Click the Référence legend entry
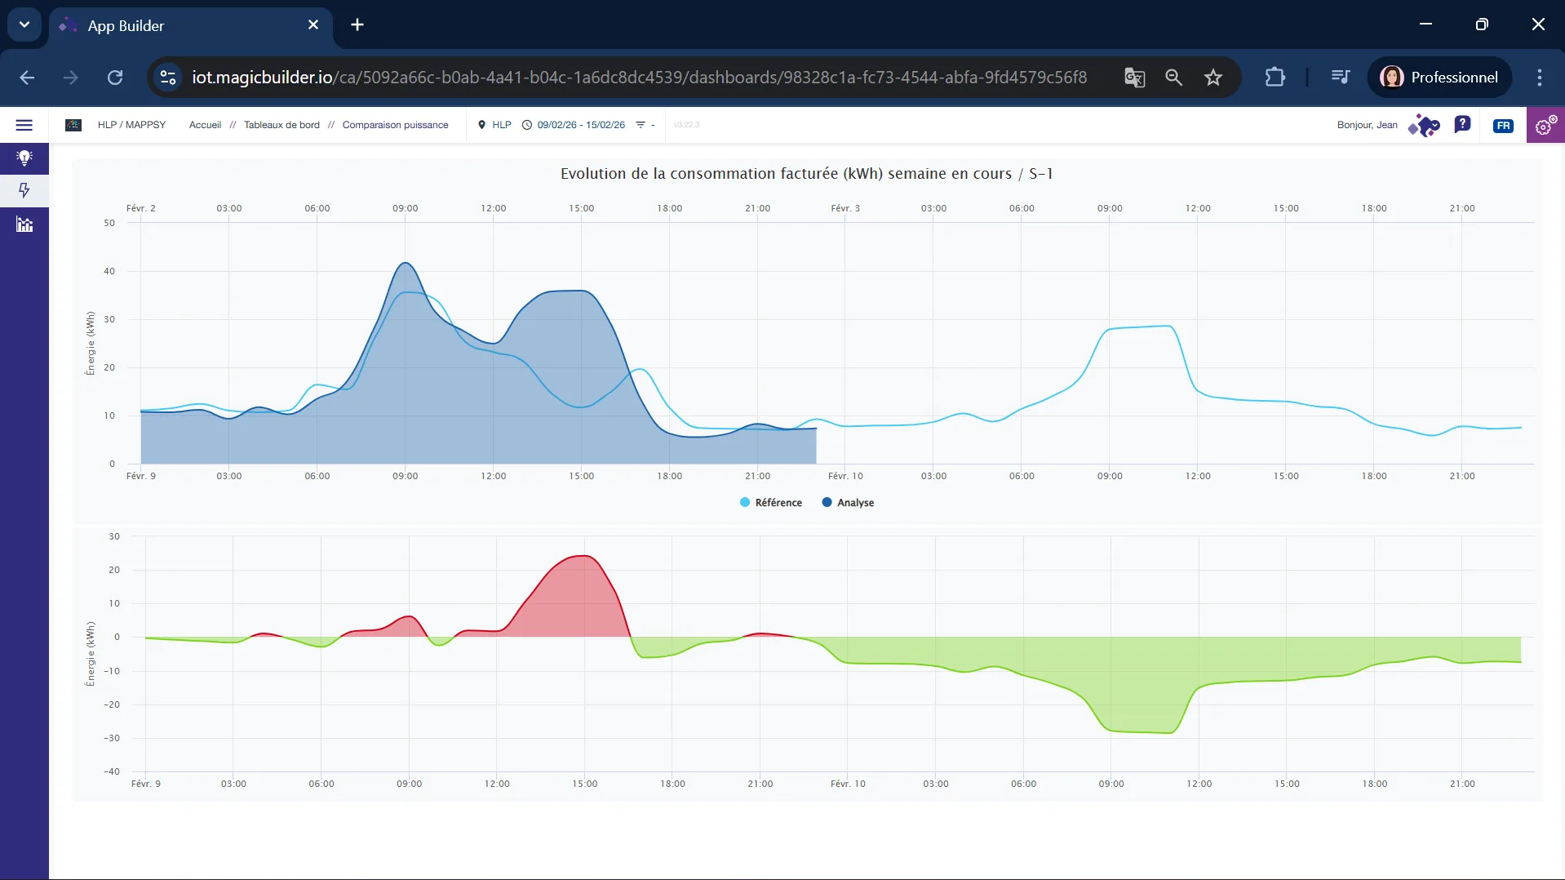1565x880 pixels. tap(770, 503)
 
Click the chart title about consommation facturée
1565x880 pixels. tap(806, 174)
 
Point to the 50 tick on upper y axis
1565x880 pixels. tap(109, 223)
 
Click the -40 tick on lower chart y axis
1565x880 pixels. tap(112, 771)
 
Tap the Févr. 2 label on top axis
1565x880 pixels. tap(140, 208)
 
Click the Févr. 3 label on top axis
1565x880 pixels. tap(845, 208)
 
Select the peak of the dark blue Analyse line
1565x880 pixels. tap(406, 263)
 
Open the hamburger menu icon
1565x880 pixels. tap(24, 125)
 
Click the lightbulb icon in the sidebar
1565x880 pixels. tap(24, 158)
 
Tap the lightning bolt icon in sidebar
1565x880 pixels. tap(24, 190)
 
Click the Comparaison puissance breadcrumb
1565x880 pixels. tap(395, 125)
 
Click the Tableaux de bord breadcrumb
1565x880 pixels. tap(282, 125)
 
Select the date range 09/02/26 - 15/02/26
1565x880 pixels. tap(580, 125)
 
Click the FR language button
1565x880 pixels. tap(1503, 126)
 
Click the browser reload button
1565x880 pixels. tap(115, 78)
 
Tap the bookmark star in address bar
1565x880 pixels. tap(1213, 78)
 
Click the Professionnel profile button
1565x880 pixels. tap(1439, 78)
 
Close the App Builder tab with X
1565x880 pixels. tap(313, 25)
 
